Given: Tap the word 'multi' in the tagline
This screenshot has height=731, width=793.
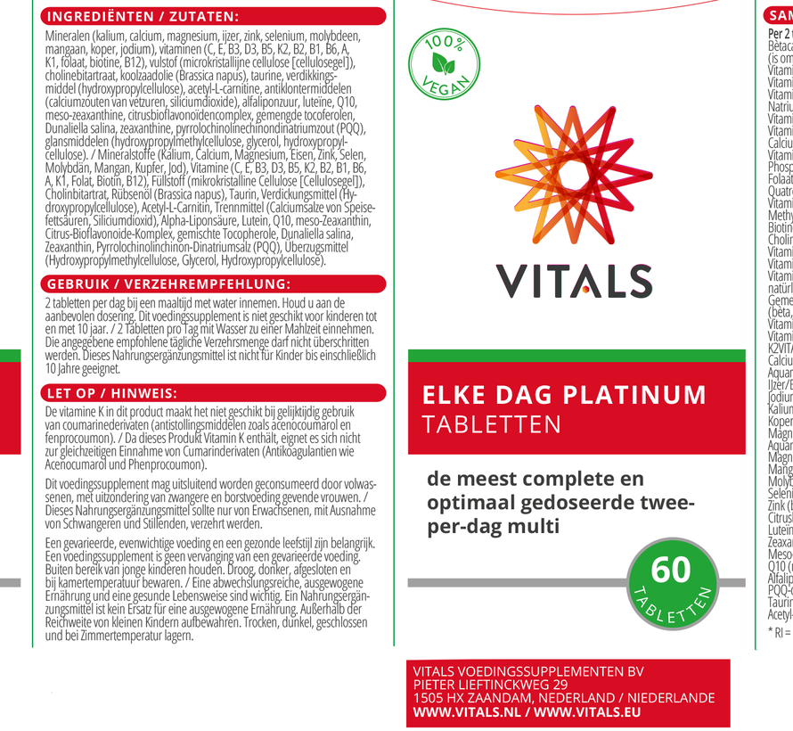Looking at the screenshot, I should click(x=534, y=527).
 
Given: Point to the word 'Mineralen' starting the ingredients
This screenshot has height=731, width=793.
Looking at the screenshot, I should click(x=67, y=36).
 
